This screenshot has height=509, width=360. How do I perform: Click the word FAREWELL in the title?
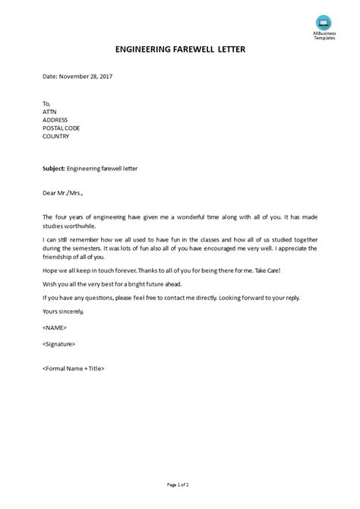coord(179,49)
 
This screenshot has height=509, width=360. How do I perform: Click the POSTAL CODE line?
coord(62,128)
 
